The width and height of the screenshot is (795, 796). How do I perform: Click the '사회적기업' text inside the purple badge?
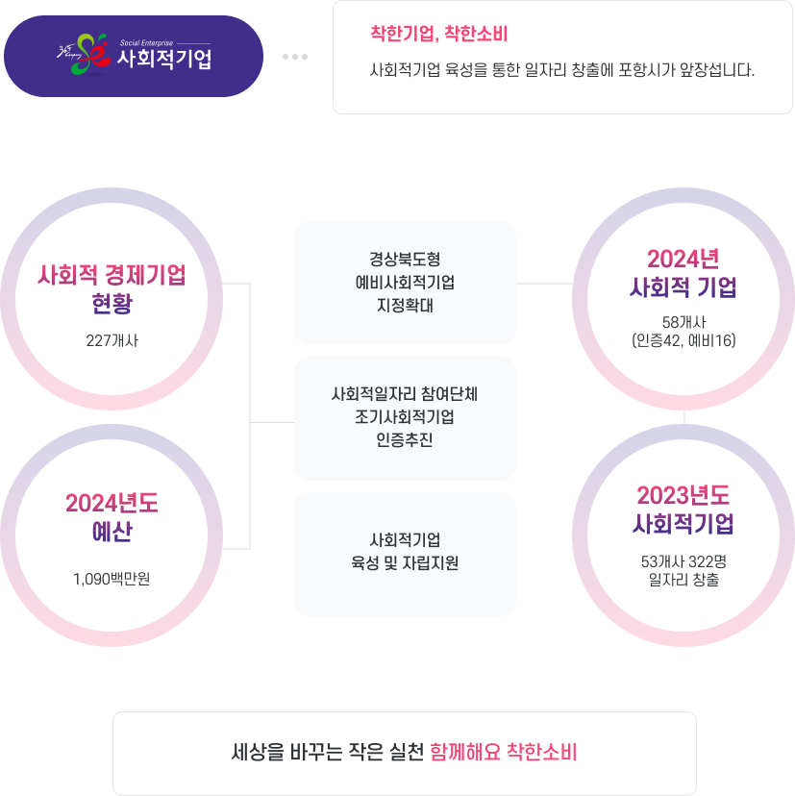[164, 60]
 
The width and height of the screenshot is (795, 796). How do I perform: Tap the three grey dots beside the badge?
[295, 57]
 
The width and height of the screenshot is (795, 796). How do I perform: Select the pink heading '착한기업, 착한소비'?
[438, 34]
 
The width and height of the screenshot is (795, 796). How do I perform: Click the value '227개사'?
[112, 339]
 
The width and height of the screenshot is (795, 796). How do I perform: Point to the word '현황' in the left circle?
[112, 305]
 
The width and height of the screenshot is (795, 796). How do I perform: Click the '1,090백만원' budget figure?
[112, 579]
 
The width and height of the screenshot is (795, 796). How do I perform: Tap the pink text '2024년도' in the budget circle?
[112, 503]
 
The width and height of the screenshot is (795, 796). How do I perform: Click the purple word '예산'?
[112, 533]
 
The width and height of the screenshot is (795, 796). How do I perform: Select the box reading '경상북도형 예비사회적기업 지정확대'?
[405, 283]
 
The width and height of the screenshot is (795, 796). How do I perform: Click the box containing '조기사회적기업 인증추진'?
[405, 418]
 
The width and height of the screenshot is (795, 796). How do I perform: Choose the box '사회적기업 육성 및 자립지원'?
[405, 554]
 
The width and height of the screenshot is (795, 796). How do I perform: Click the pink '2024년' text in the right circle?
[683, 259]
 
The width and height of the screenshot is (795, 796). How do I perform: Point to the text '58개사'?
[683, 321]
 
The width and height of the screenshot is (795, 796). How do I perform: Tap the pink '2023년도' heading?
[683, 495]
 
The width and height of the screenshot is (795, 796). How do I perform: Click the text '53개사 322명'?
[683, 561]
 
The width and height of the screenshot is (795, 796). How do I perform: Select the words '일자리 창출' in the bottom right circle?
[683, 580]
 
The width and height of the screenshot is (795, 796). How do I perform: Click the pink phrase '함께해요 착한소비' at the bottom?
[503, 751]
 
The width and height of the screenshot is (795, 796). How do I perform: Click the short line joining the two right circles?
[683, 416]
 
